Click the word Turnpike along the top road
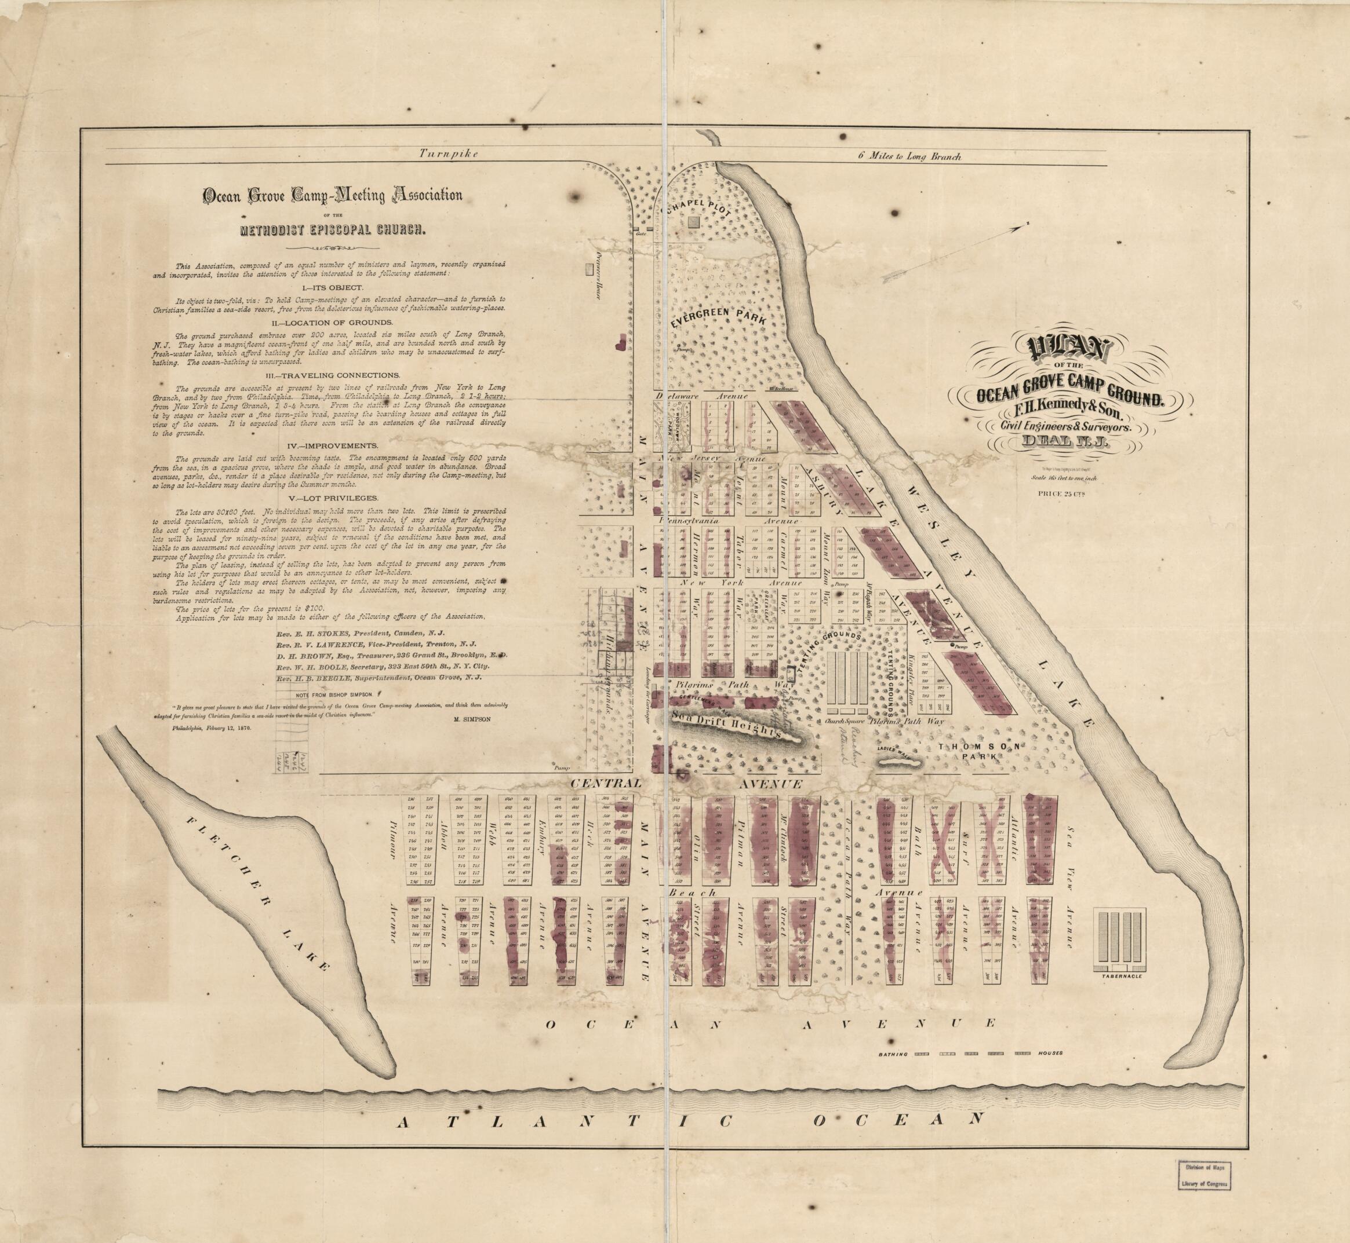point(447,154)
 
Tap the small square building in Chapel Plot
point(694,221)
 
